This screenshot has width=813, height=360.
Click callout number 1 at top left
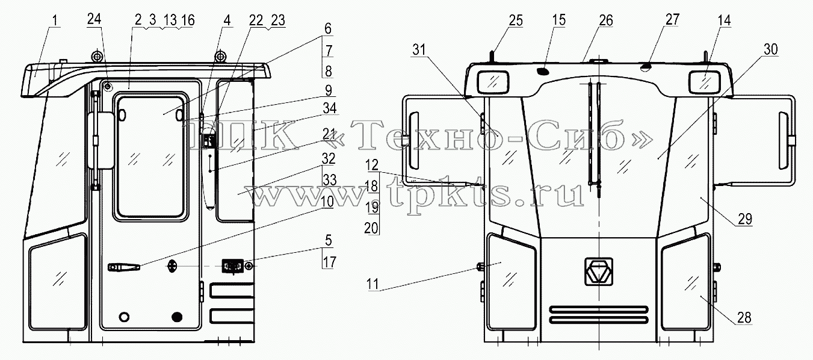point(55,20)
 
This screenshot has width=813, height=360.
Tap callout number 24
point(94,19)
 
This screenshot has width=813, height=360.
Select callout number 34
point(329,108)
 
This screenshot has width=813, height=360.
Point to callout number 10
point(327,202)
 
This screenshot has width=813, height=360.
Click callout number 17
point(330,262)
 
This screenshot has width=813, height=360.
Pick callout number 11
point(372,284)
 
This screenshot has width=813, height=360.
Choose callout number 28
point(744,317)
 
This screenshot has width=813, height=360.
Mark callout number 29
point(745,219)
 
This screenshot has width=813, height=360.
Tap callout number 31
point(419,49)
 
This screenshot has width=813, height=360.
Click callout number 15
point(559,20)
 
